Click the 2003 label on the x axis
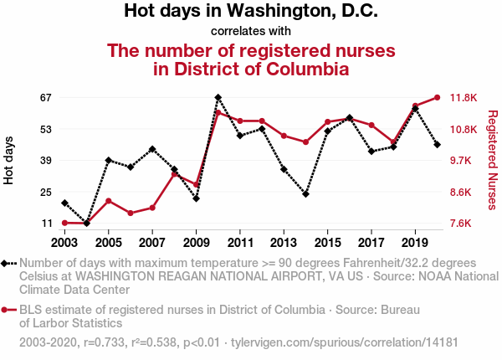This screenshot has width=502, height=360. (x=64, y=242)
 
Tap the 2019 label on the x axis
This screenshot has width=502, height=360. (x=415, y=242)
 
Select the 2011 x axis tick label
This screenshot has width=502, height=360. (x=240, y=242)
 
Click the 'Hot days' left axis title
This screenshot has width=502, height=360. (x=10, y=160)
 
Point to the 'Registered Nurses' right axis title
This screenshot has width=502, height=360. (x=493, y=159)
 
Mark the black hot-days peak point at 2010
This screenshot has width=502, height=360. (x=218, y=98)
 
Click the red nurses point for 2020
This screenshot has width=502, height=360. (x=437, y=97)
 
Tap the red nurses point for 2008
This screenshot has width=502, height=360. (x=174, y=174)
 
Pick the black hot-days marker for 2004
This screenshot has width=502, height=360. (x=86, y=224)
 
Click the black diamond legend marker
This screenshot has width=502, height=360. (x=6, y=263)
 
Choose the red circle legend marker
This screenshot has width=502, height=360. (x=6, y=310)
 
